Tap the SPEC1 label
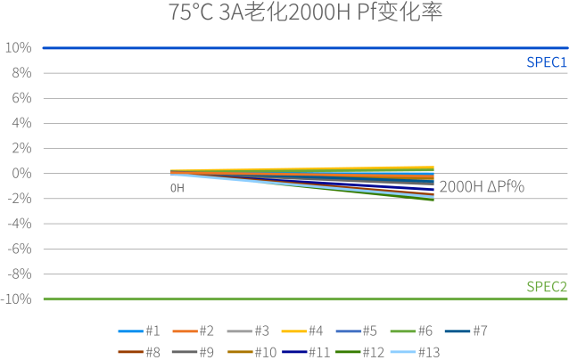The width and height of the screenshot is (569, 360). pos(546,62)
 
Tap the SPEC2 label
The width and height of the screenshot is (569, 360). pos(546,287)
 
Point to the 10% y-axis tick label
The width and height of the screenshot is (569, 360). pos(20,47)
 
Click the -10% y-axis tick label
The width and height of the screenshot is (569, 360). pos(18,299)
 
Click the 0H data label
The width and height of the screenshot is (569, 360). pos(177,188)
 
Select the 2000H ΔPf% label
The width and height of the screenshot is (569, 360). pos(482,188)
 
